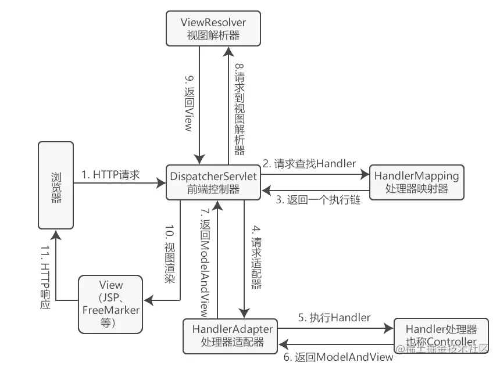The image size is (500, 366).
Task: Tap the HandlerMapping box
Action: click(x=416, y=181)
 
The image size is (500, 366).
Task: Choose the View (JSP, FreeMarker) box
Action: click(x=111, y=304)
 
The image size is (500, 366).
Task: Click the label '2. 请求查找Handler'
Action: click(x=309, y=164)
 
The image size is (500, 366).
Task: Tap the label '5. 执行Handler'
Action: click(x=334, y=318)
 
